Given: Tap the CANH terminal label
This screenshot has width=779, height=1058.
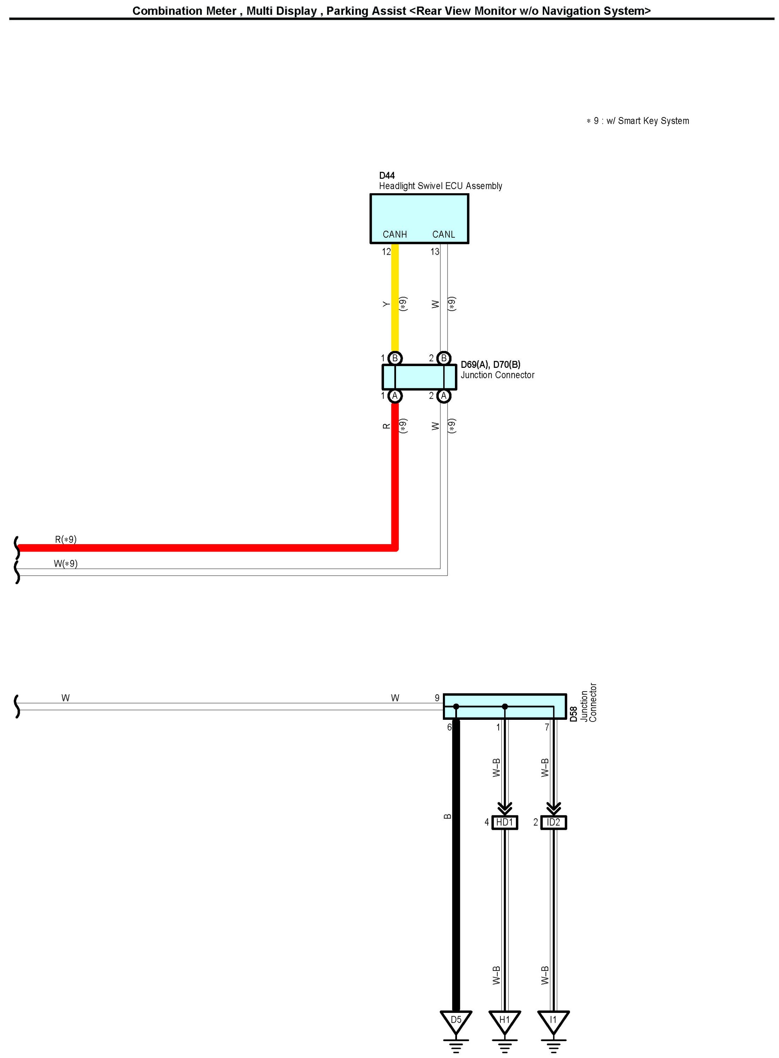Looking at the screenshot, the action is (394, 234).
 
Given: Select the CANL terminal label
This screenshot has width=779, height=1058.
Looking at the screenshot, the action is (443, 234).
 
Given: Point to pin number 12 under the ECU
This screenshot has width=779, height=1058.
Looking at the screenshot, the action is (386, 252).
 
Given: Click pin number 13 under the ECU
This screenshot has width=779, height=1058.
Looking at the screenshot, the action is (435, 252).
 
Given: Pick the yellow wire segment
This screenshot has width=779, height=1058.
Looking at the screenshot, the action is (395, 302).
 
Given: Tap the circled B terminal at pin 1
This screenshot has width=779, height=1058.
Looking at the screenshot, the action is (395, 358).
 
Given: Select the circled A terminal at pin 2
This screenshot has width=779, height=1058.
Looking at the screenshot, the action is (443, 396).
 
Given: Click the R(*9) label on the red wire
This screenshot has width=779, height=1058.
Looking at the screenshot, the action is (66, 539).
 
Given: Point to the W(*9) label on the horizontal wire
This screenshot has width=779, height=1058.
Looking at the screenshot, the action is (66, 564).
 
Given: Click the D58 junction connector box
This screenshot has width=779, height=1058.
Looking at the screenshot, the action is (505, 706).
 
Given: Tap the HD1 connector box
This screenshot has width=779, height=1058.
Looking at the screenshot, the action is (505, 823).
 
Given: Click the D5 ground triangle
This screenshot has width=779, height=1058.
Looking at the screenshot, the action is (456, 1020).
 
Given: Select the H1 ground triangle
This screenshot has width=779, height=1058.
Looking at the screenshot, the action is (505, 1020).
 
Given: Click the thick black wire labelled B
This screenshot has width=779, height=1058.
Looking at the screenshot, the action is (456, 872).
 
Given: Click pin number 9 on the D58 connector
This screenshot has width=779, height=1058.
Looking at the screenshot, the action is (437, 698).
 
